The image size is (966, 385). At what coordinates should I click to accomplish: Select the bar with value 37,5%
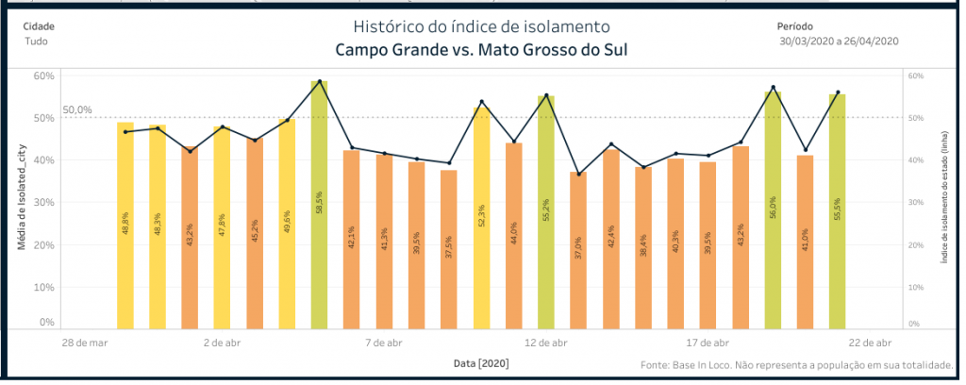coord(449,250)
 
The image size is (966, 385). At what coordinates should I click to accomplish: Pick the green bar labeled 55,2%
coord(546,212)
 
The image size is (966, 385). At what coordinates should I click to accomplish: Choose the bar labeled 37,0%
coord(578,251)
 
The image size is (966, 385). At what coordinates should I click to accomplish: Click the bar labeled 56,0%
coord(773,211)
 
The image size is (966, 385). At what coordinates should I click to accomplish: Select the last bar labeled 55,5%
coord(837,212)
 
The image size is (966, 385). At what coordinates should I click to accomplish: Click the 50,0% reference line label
coord(77,110)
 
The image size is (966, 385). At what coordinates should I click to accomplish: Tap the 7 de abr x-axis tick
coord(384,343)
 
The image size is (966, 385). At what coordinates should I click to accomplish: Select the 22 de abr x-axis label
coord(870,343)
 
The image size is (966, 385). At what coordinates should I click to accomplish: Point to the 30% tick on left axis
coord(43,202)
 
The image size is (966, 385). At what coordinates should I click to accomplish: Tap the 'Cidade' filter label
coord(38,26)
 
